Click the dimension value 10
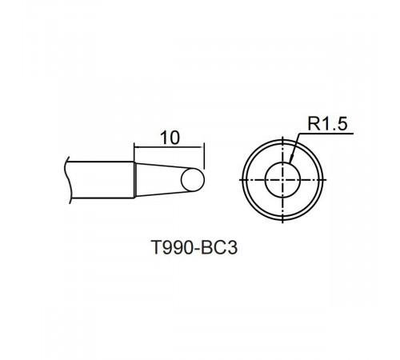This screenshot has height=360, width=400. point(170,138)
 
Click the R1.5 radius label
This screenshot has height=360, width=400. point(327,124)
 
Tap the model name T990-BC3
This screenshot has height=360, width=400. point(194,247)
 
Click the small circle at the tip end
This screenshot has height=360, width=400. point(193,180)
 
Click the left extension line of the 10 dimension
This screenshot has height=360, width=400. point(134,152)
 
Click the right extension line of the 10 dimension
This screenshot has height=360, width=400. point(204,156)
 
